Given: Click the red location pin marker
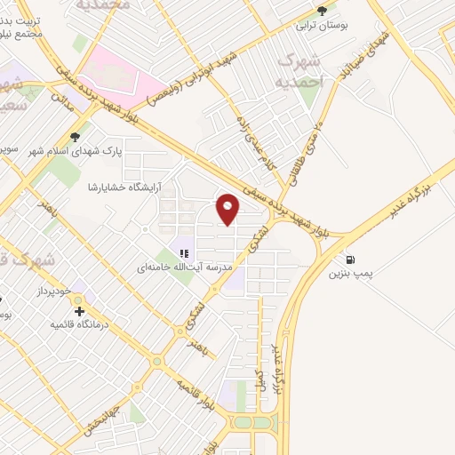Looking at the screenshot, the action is pyautogui.click(x=229, y=209).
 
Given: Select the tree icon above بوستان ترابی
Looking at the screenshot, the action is pyautogui.click(x=321, y=12).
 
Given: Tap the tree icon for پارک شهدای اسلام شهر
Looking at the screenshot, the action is pyautogui.click(x=74, y=137).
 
